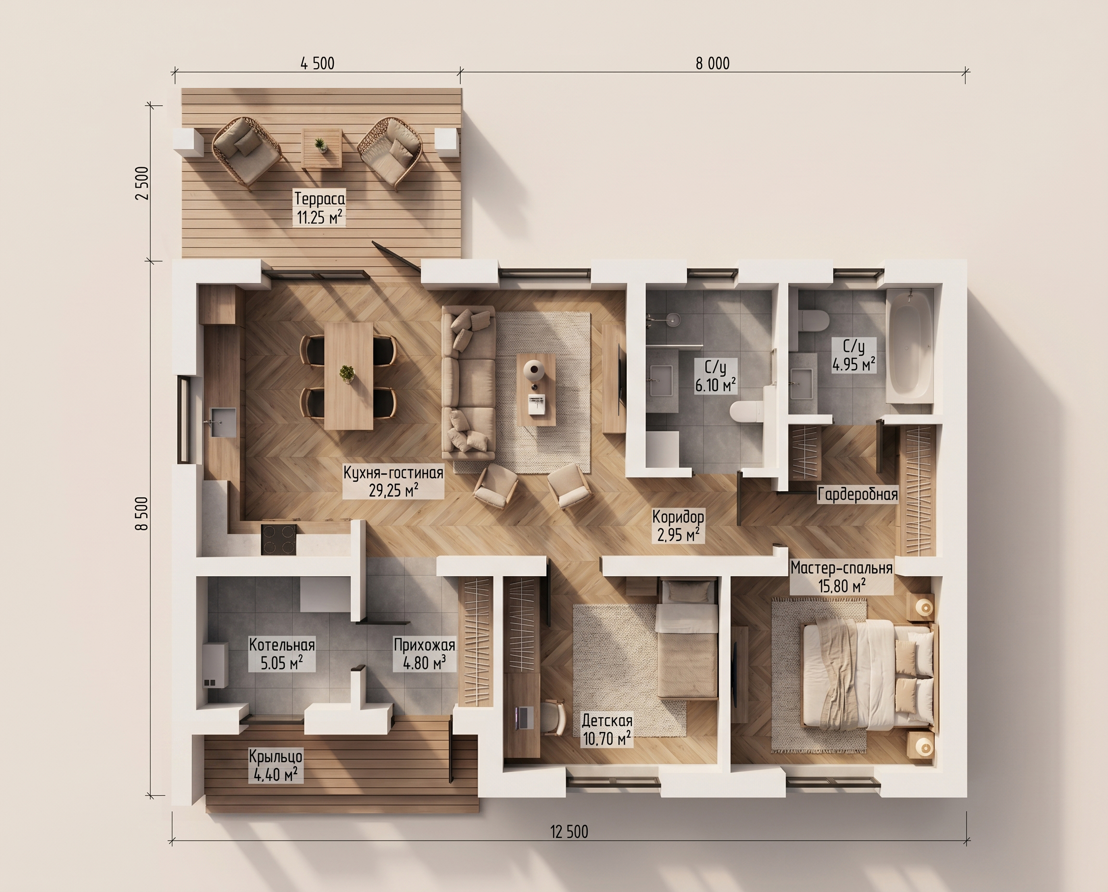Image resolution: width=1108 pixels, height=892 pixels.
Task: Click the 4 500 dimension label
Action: (317, 63)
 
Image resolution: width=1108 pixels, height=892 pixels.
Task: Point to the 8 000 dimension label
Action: (713, 63)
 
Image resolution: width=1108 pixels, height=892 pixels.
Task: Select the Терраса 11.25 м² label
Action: (319, 208)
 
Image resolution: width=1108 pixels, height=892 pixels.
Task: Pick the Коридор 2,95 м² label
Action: (678, 526)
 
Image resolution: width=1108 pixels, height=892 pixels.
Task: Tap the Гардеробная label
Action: (857, 494)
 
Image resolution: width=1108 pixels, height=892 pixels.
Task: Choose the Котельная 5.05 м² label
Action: (282, 654)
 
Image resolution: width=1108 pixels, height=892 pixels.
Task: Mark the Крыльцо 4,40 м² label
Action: (276, 765)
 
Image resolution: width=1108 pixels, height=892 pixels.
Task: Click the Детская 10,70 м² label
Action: (607, 730)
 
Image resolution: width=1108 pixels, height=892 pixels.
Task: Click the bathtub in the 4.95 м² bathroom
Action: (909, 345)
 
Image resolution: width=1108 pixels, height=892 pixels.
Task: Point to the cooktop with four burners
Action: (278, 539)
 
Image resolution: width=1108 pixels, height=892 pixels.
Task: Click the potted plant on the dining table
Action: (347, 373)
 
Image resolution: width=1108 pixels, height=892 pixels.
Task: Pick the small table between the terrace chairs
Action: (321, 148)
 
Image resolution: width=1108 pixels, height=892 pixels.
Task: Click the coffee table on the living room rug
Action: (536, 389)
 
